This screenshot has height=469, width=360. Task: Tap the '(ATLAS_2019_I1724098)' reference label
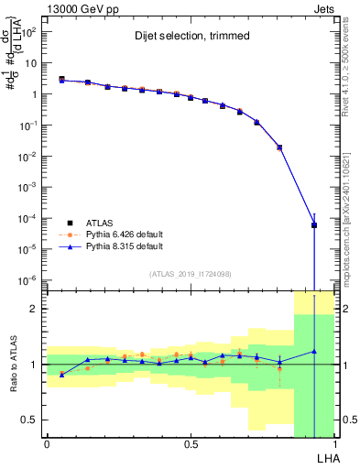pyautogui.click(x=190, y=274)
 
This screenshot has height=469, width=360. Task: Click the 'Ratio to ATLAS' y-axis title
pyautogui.click(x=11, y=364)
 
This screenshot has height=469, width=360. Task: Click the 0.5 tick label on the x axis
pyautogui.click(x=190, y=444)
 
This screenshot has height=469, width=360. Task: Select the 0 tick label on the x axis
pyautogui.click(x=47, y=444)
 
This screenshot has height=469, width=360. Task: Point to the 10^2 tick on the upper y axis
pyautogui.click(x=29, y=32)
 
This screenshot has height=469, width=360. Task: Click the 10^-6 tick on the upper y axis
pyautogui.click(x=29, y=279)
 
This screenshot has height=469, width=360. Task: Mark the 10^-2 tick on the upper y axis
pyautogui.click(x=29, y=156)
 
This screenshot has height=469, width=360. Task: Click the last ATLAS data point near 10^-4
pyautogui.click(x=314, y=224)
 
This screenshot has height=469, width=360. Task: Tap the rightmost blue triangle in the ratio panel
pyautogui.click(x=314, y=351)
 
